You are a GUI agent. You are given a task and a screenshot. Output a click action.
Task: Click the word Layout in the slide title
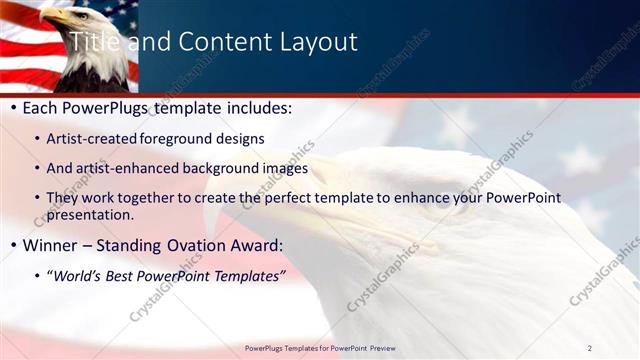pyautogui.click(x=316, y=42)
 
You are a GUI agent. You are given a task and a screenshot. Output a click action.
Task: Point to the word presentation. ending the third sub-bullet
pyautogui.click(x=90, y=215)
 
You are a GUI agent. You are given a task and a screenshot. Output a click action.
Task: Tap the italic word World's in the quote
pyautogui.click(x=77, y=275)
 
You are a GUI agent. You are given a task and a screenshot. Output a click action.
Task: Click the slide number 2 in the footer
pyautogui.click(x=590, y=348)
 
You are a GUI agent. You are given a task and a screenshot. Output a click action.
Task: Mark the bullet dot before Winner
pyautogui.click(x=12, y=246)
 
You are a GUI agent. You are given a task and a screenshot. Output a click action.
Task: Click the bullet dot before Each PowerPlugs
pyautogui.click(x=12, y=108)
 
